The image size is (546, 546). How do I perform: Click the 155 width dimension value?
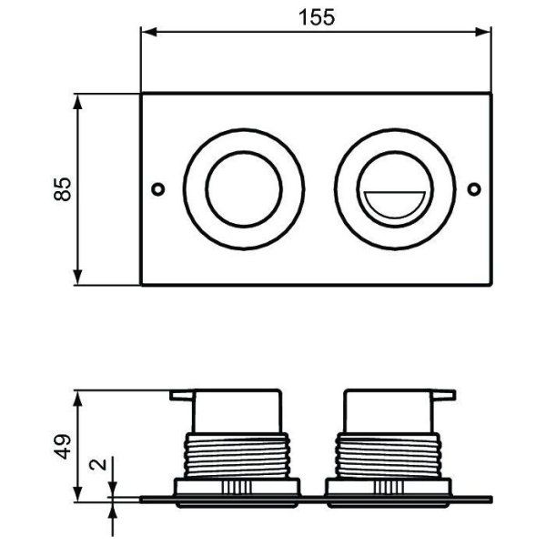tap(317, 15)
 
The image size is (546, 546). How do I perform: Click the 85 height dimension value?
tap(63, 188)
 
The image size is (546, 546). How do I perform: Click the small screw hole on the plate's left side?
tap(158, 189)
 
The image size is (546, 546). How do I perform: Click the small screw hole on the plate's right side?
tap(473, 189)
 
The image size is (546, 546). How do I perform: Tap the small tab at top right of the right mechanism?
tap(443, 395)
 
